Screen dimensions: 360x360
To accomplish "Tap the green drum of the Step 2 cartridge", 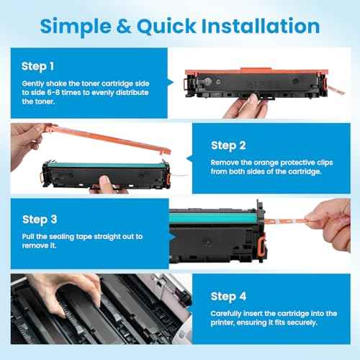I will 94,170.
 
